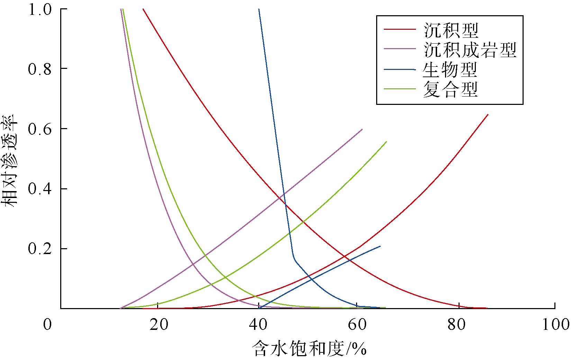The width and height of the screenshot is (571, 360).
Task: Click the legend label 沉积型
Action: [x=451, y=30]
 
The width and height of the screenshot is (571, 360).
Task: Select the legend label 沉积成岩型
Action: [x=470, y=50]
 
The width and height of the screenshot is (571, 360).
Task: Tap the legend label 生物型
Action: [x=450, y=70]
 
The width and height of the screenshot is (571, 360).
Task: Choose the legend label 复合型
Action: [x=450, y=89]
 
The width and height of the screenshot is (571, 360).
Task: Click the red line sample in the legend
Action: [x=399, y=30]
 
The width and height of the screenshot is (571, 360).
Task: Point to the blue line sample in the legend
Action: [x=399, y=70]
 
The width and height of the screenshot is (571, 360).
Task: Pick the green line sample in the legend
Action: [x=399, y=89]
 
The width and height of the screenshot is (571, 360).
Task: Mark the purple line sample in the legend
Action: [x=399, y=49]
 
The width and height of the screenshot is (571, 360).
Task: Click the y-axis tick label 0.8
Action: [x=39, y=69]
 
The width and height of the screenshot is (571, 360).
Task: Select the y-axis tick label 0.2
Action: [x=39, y=249]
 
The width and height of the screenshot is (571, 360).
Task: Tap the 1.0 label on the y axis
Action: [x=39, y=10]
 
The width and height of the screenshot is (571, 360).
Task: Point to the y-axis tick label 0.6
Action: [x=39, y=129]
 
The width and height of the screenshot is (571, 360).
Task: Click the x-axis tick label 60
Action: [x=357, y=325]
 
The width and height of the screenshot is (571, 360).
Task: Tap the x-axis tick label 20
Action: [x=159, y=325]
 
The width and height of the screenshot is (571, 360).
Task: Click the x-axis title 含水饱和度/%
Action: [x=309, y=348]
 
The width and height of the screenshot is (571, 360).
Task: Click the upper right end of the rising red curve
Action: [x=488, y=115]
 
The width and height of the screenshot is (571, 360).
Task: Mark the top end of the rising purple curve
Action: [x=362, y=129]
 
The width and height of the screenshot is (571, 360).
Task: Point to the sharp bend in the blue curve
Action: [x=294, y=258]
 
